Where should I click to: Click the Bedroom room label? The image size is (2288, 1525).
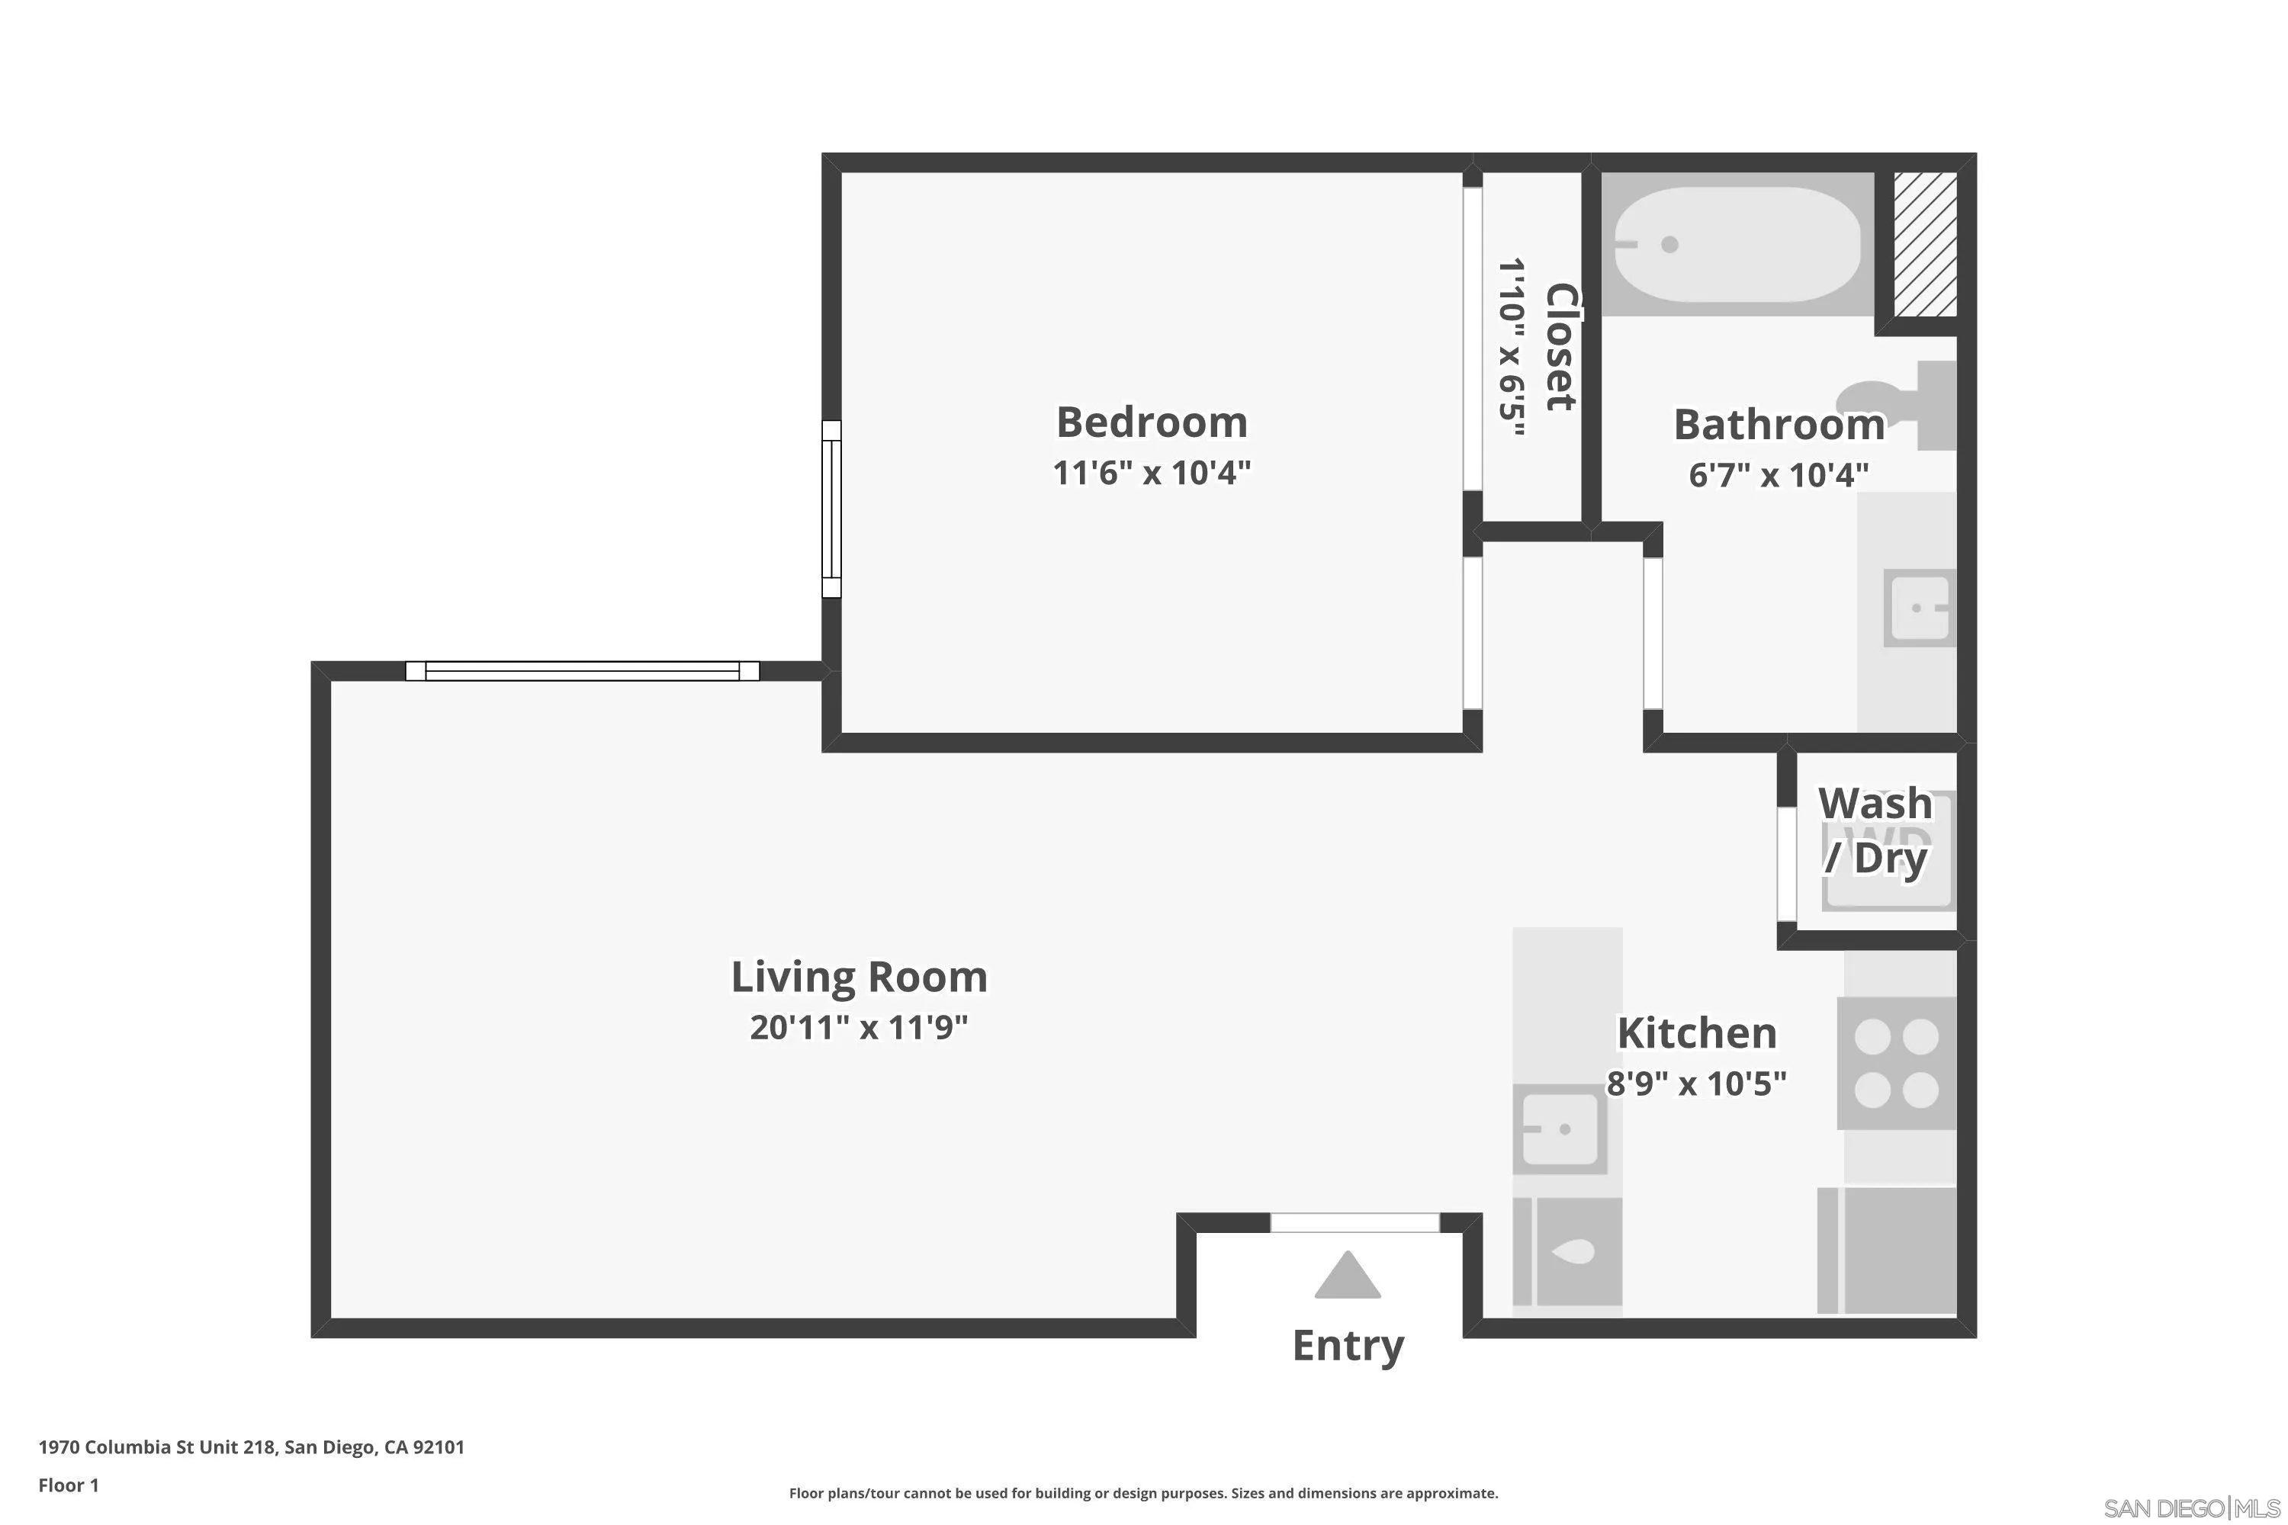click(x=1152, y=422)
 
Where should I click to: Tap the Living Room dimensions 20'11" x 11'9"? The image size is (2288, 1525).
click(x=859, y=1027)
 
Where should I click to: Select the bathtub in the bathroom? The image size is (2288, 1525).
click(x=1737, y=244)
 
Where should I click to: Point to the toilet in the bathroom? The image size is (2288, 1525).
click(x=1897, y=405)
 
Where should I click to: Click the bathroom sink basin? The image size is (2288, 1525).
click(x=1918, y=608)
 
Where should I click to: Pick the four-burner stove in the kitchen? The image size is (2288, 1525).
click(x=1896, y=1063)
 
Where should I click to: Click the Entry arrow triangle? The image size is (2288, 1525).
click(x=1348, y=1275)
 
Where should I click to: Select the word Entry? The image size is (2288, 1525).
click(x=1348, y=1346)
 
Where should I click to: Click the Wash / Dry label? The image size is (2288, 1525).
click(x=1875, y=830)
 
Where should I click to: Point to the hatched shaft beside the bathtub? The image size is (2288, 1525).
click(x=1924, y=244)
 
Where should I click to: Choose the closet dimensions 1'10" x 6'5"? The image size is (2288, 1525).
click(x=1511, y=347)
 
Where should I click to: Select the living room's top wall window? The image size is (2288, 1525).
click(x=582, y=671)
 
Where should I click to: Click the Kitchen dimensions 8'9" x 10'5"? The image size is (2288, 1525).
click(x=1696, y=1084)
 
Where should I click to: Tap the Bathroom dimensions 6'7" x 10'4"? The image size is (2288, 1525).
click(x=1779, y=474)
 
